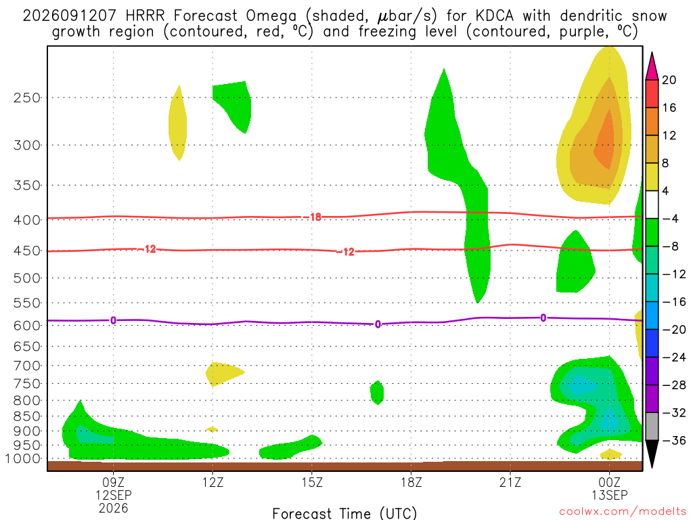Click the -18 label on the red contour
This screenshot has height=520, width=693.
pyautogui.click(x=315, y=217)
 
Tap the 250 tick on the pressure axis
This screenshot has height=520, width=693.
pyautogui.click(x=27, y=97)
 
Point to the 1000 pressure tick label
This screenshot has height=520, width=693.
pyautogui.click(x=23, y=459)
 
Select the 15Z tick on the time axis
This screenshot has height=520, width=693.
pyautogui.click(x=312, y=482)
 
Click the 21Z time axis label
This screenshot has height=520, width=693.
pyautogui.click(x=510, y=482)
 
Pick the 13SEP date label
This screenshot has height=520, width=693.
pyautogui.click(x=610, y=495)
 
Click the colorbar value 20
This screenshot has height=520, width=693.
pyautogui.click(x=669, y=80)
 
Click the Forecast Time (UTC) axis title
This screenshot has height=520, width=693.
pyautogui.click(x=344, y=513)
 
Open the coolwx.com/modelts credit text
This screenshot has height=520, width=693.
pyautogui.click(x=623, y=512)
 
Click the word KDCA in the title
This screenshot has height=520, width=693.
pyautogui.click(x=495, y=16)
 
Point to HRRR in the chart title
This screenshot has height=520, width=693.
pyautogui.click(x=145, y=16)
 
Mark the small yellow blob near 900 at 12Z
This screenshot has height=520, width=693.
pyautogui.click(x=212, y=429)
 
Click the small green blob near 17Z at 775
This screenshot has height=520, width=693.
pyautogui.click(x=376, y=393)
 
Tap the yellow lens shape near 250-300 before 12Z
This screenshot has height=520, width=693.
pyautogui.click(x=178, y=123)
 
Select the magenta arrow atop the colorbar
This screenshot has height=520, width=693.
pyautogui.click(x=652, y=66)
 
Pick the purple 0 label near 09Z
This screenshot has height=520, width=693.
pyautogui.click(x=113, y=320)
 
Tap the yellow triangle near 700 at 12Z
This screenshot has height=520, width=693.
pyautogui.click(x=224, y=374)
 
